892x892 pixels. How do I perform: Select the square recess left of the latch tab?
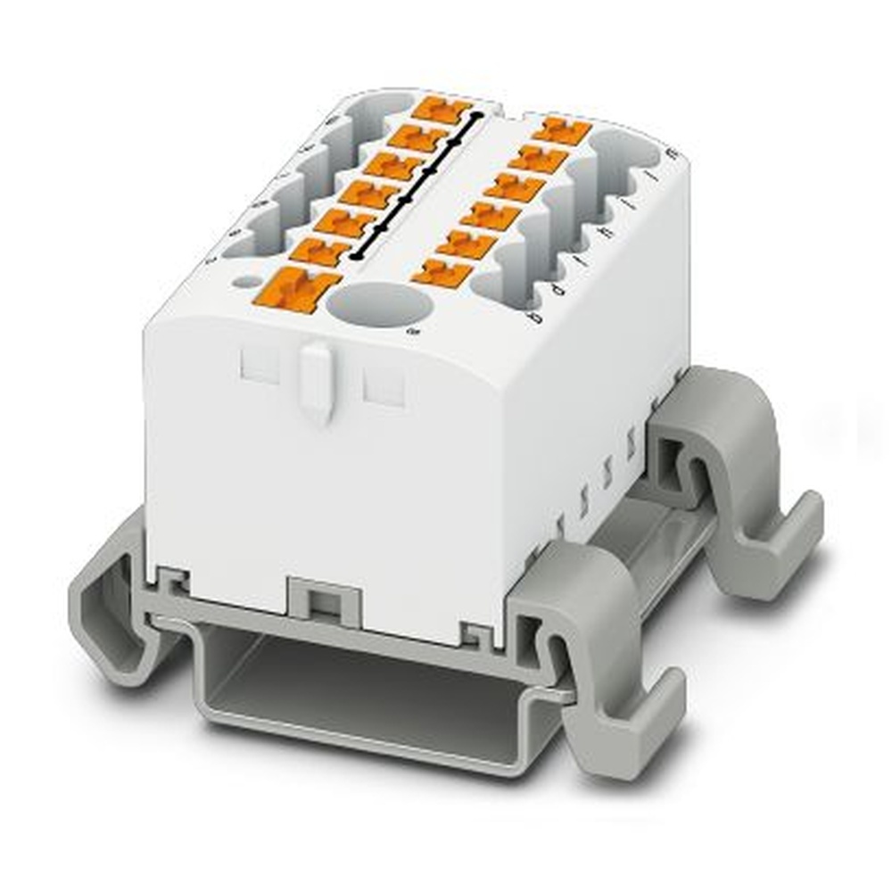click(260, 364)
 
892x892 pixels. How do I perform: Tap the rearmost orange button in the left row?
click(442, 111)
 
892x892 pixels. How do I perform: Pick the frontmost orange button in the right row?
click(442, 272)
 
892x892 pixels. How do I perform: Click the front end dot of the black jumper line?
click(357, 256)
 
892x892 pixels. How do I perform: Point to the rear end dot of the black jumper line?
click(478, 115)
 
